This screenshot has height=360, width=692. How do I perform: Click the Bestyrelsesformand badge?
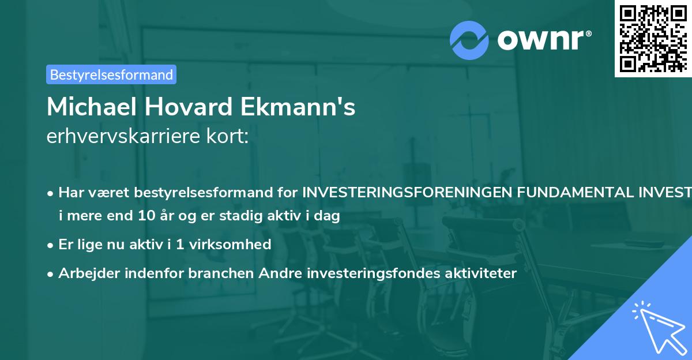[x=111, y=74]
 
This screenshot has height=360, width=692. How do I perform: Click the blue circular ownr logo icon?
[x=469, y=40]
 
